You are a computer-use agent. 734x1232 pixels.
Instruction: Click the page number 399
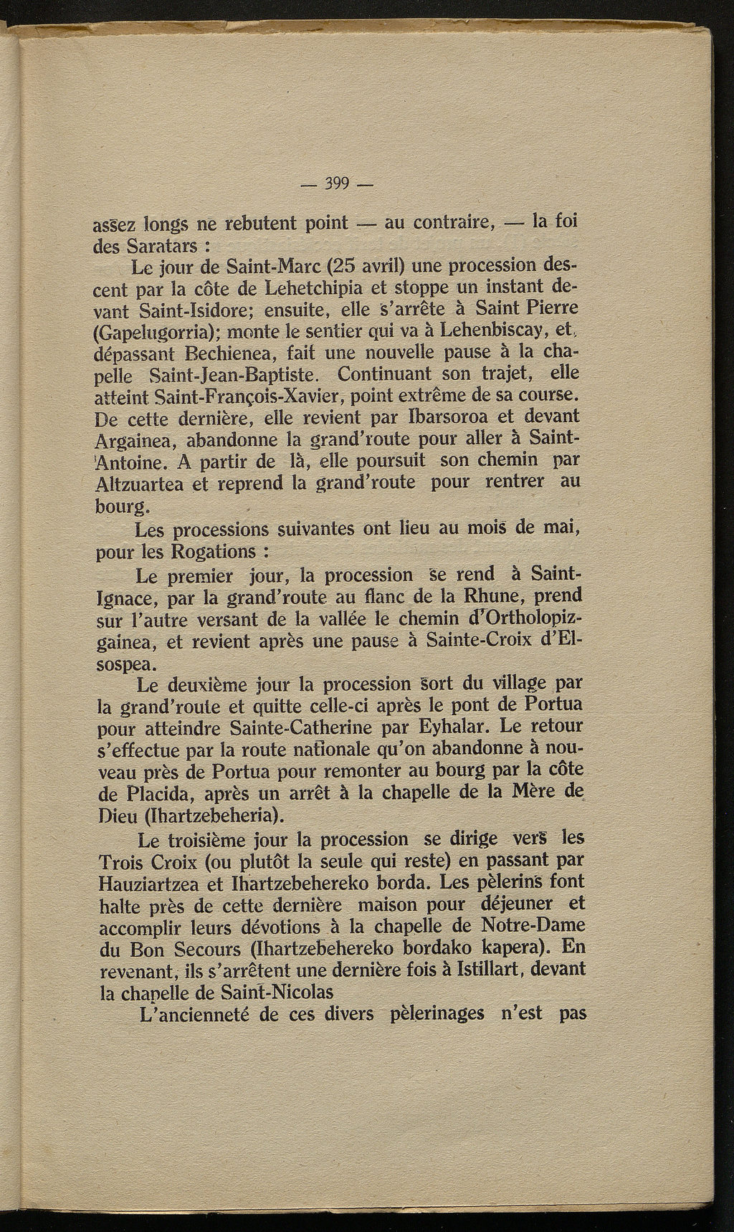(x=336, y=183)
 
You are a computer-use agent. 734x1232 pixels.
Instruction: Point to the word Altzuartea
(x=140, y=482)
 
